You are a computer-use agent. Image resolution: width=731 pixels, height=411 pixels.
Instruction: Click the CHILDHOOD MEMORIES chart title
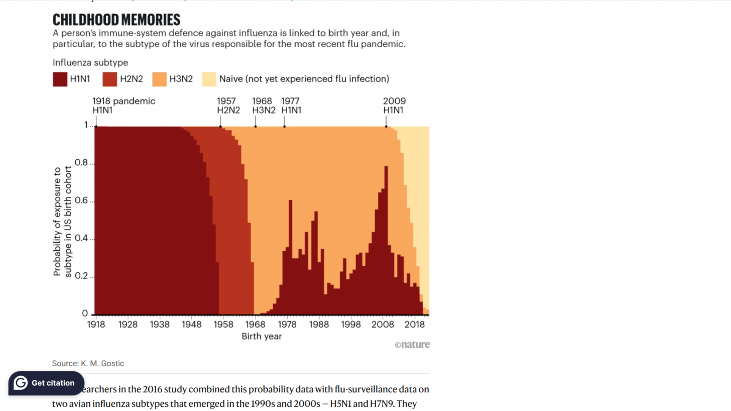tap(116, 20)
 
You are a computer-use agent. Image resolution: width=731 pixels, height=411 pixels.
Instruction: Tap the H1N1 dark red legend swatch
tap(60, 79)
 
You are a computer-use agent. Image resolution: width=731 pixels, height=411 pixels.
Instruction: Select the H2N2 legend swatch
tap(109, 79)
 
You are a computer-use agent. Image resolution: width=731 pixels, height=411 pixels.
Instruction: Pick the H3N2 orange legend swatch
tap(160, 79)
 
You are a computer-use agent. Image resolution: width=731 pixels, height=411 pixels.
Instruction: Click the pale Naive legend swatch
tap(209, 79)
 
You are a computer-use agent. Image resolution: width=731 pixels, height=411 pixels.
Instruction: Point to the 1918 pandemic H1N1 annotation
tap(124, 105)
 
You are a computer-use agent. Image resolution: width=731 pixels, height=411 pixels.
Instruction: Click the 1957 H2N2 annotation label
tap(228, 105)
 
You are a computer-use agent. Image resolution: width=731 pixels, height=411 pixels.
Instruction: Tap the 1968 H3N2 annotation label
tap(264, 105)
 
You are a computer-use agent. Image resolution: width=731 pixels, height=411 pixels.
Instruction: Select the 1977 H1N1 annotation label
tap(291, 105)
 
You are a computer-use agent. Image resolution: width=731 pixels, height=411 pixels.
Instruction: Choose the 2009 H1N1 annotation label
tap(394, 105)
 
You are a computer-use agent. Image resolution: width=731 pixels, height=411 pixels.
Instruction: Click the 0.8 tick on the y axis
tap(81, 163)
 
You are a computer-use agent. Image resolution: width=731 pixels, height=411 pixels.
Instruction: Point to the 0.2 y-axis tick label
tap(81, 276)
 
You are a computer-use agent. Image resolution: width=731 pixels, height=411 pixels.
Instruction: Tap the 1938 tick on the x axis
tap(160, 325)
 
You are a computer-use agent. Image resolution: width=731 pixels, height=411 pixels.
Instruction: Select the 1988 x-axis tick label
tap(319, 325)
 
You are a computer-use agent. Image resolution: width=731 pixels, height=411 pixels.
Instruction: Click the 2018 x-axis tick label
tap(415, 325)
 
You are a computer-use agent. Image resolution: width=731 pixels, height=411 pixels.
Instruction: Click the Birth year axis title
tap(262, 336)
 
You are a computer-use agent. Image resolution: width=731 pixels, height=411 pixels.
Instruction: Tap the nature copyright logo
tap(412, 345)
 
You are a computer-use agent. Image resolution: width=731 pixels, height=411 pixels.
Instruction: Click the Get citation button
tap(46, 383)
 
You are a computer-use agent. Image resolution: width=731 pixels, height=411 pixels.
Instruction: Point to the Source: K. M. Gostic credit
tap(88, 363)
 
